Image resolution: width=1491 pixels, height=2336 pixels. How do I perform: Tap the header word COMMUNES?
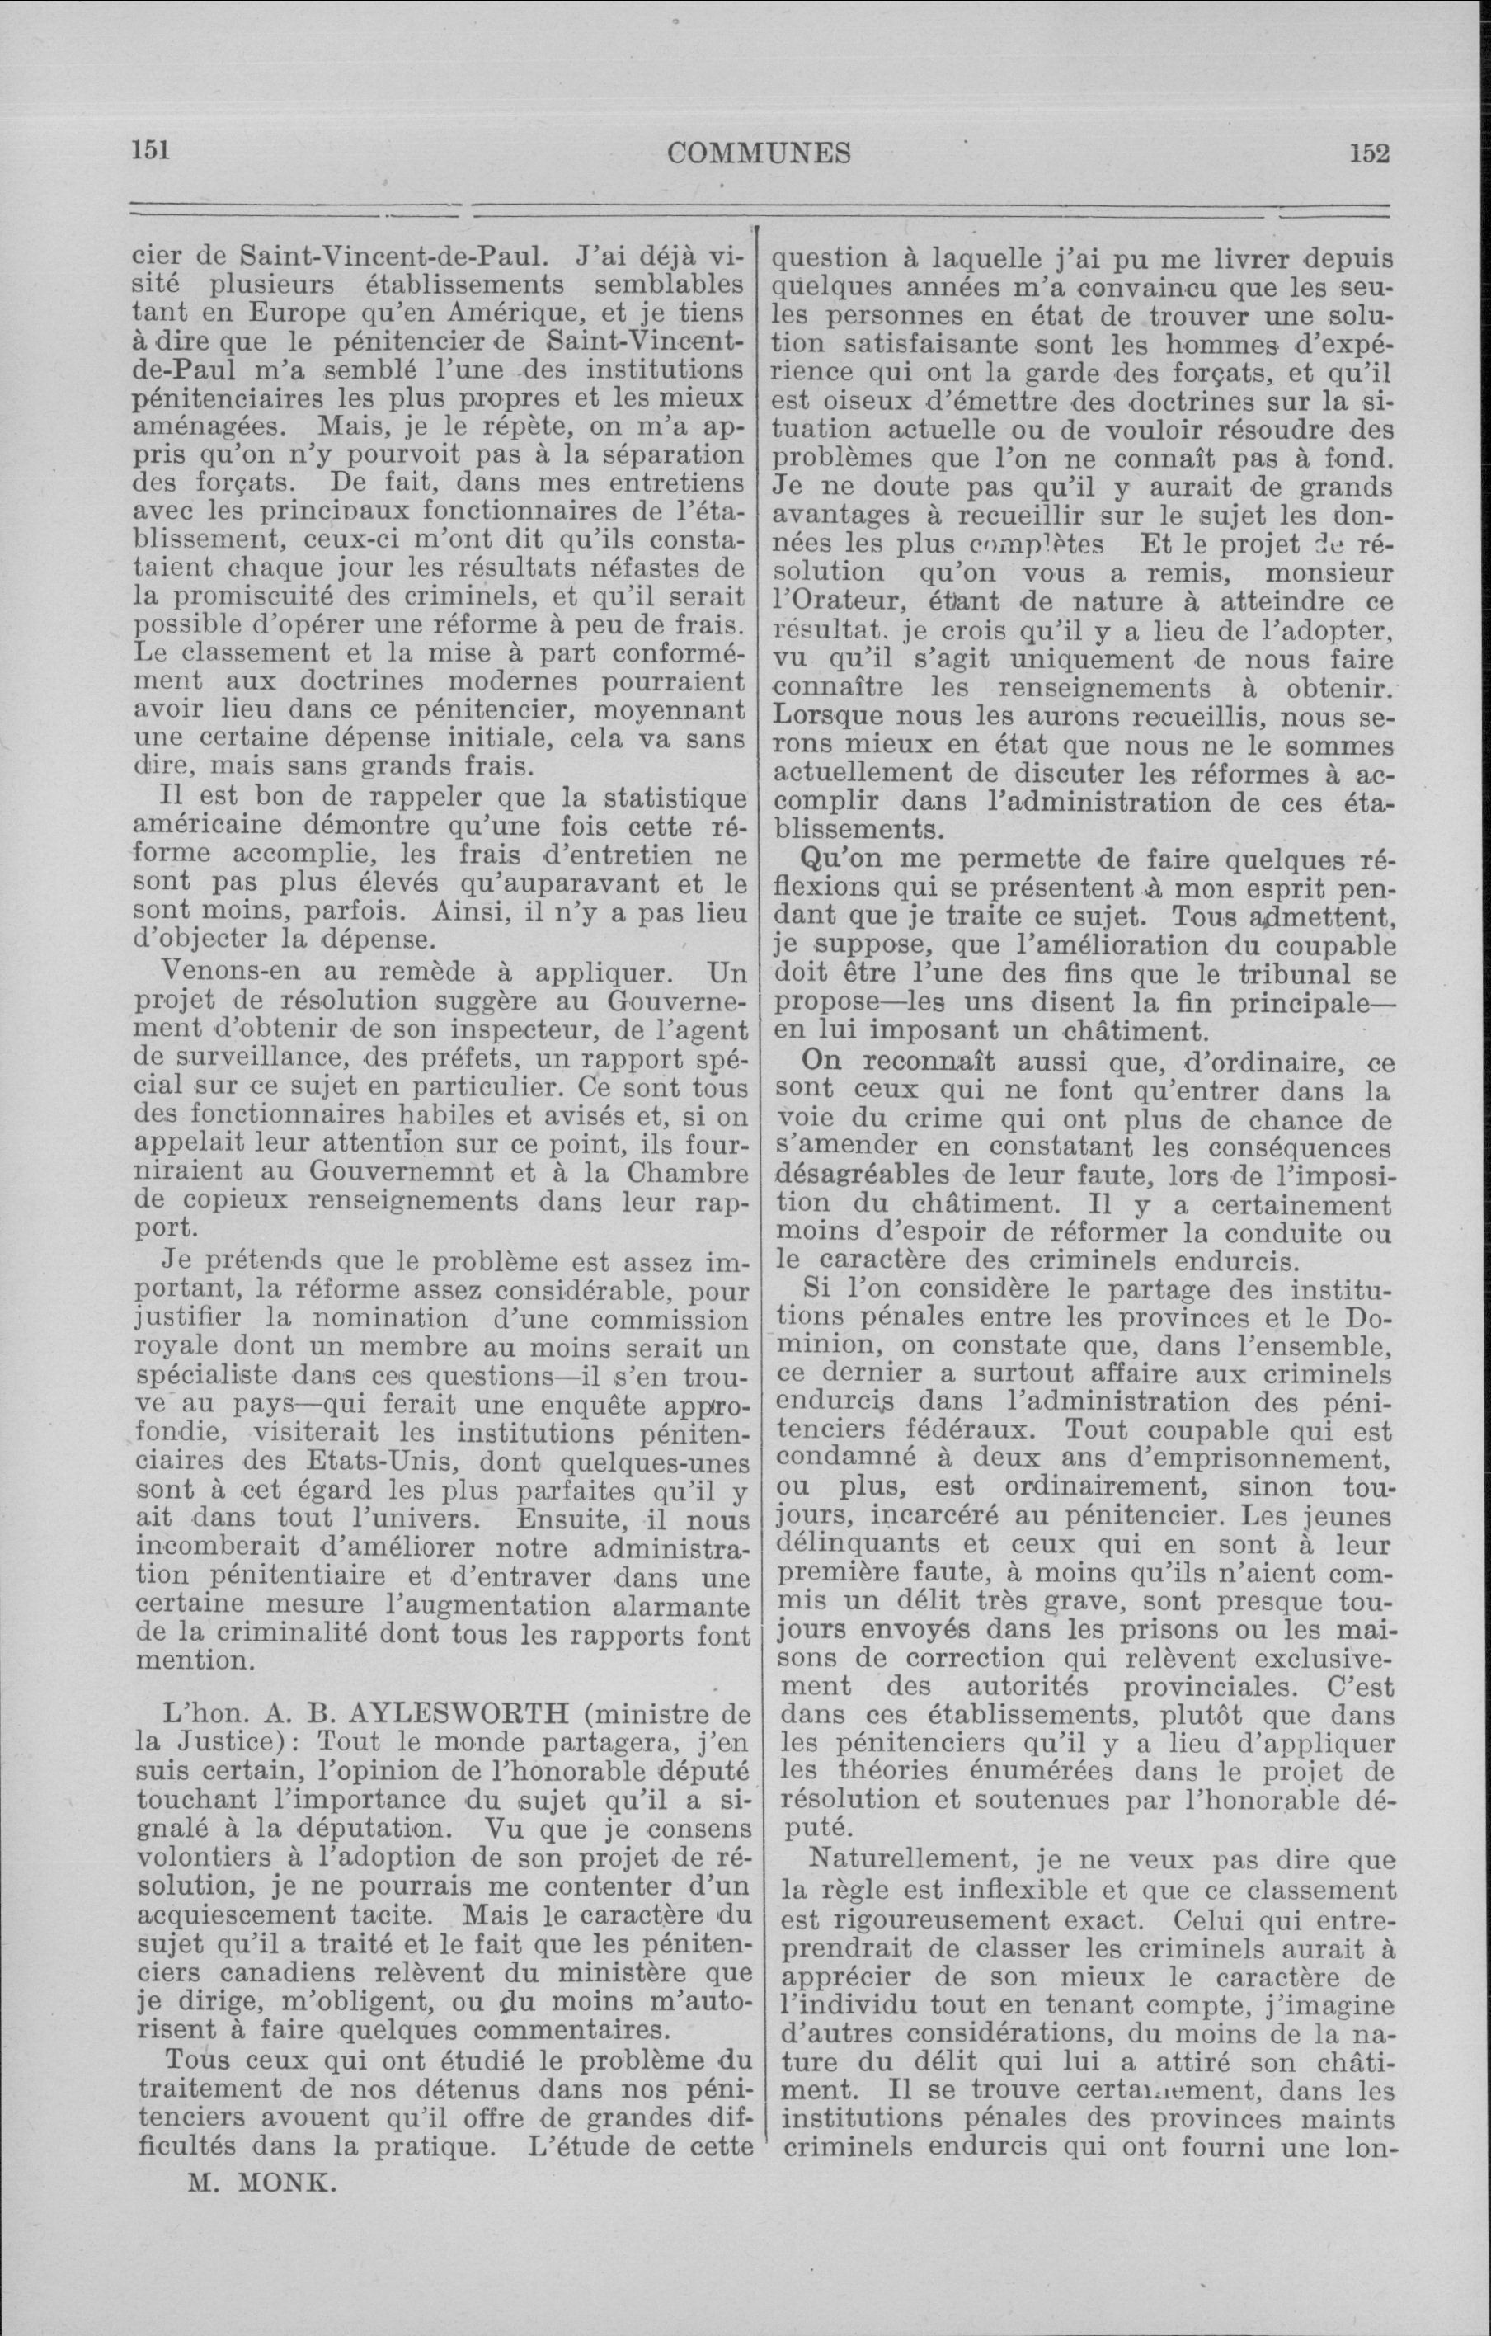tap(760, 153)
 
